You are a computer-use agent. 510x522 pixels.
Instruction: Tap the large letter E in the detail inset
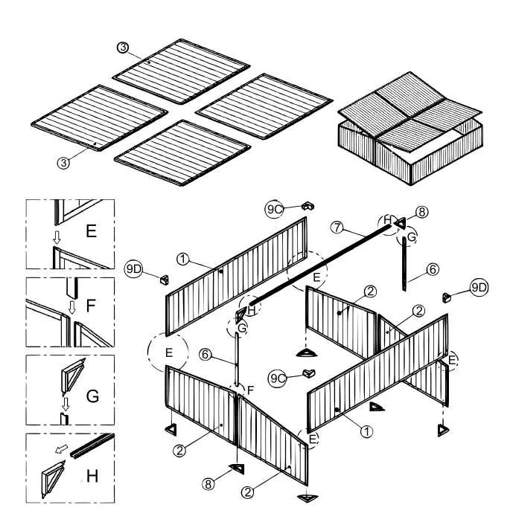pyautogui.click(x=91, y=231)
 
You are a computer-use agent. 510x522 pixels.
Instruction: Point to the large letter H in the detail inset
pyautogui.click(x=92, y=474)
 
